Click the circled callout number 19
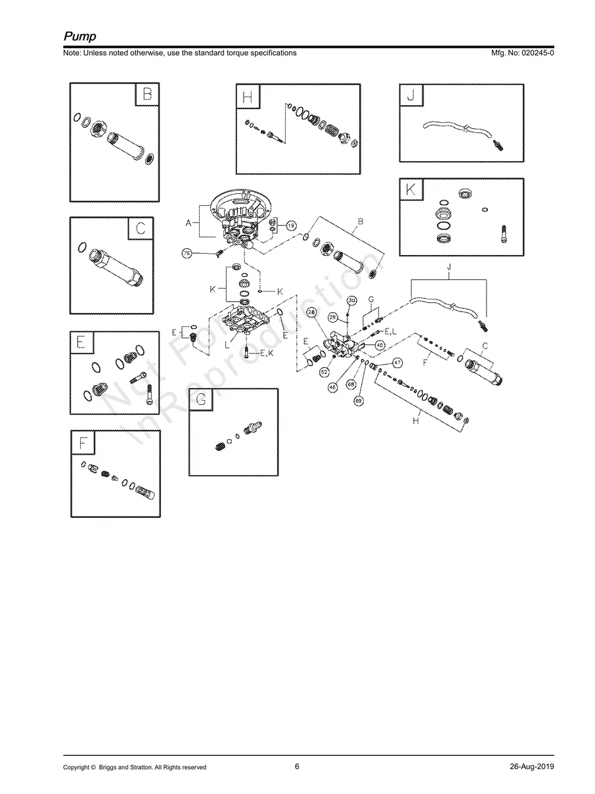point(291,225)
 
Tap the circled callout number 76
point(187,253)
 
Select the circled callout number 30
point(351,300)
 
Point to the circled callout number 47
point(397,362)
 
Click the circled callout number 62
point(324,372)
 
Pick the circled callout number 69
point(359,400)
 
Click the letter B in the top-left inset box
point(147,95)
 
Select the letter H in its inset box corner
point(248,97)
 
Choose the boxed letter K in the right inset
point(411,190)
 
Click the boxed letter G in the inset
point(201,400)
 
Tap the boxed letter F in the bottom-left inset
point(83,443)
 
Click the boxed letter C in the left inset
point(140,229)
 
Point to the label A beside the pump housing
point(188,223)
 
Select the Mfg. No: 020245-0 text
point(522,53)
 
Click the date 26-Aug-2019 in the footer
point(531,766)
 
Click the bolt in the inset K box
point(504,232)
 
